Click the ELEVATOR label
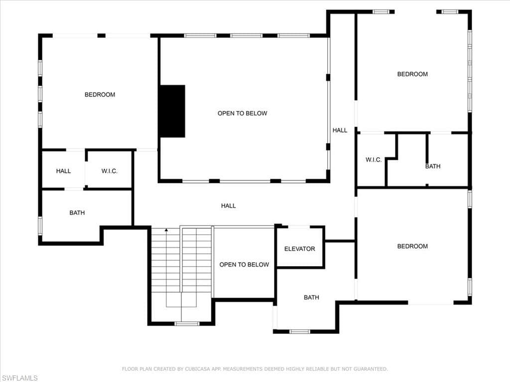pyautogui.click(x=299, y=249)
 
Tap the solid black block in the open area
pyautogui.click(x=172, y=111)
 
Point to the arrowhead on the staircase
pyautogui.click(x=166, y=230)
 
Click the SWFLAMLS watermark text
pyautogui.click(x=19, y=378)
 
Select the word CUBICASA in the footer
pyautogui.click(x=197, y=369)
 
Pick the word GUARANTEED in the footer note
pyautogui.click(x=371, y=369)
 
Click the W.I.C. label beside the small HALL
pyautogui.click(x=109, y=171)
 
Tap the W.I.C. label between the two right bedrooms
pyautogui.click(x=374, y=160)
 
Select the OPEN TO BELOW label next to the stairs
pyautogui.click(x=244, y=265)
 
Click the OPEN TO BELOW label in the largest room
pyautogui.click(x=243, y=113)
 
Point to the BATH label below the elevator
pyautogui.click(x=311, y=297)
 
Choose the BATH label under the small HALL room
pyautogui.click(x=77, y=213)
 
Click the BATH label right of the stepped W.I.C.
pyautogui.click(x=433, y=166)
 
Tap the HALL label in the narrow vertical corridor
pyautogui.click(x=340, y=130)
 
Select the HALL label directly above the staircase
pyautogui.click(x=228, y=205)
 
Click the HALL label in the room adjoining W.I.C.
pyautogui.click(x=63, y=171)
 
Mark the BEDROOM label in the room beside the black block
pyautogui.click(x=100, y=95)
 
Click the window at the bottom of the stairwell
pyautogui.click(x=187, y=323)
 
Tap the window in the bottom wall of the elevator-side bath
pyautogui.click(x=299, y=331)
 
